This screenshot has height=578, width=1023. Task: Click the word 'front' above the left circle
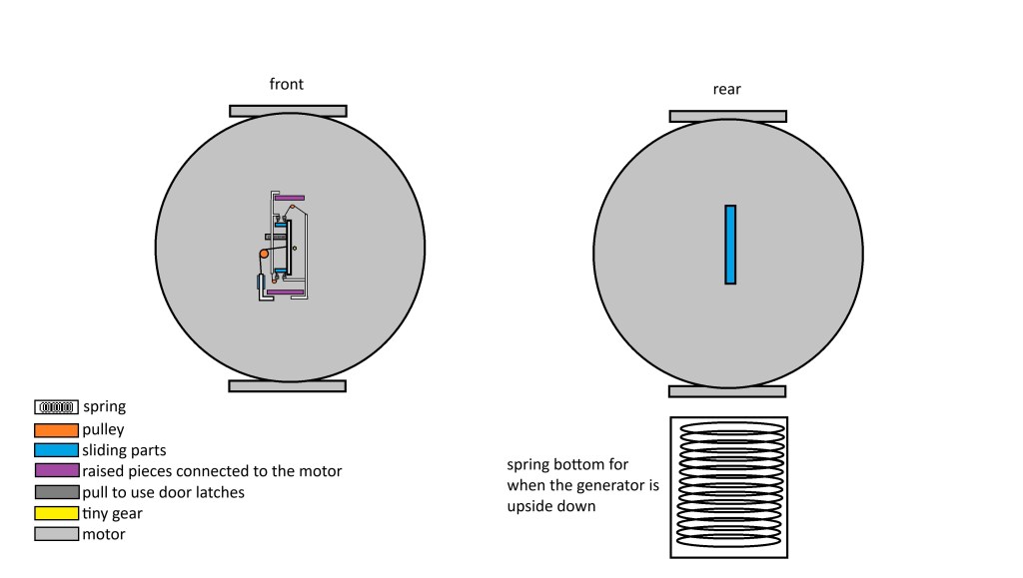[x=287, y=85]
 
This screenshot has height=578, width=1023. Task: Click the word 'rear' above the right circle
[x=727, y=90]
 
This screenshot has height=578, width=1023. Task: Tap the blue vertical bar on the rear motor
[x=730, y=245]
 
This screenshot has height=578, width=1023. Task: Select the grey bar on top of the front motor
[x=288, y=111]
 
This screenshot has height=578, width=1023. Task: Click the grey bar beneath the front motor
[x=287, y=385]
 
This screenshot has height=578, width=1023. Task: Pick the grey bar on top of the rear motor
[x=727, y=116]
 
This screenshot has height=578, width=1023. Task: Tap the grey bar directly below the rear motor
[x=727, y=391]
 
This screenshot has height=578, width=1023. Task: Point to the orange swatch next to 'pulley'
[x=56, y=429]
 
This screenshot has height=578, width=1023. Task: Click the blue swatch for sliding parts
[x=56, y=450]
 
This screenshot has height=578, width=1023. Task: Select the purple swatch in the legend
[x=56, y=471]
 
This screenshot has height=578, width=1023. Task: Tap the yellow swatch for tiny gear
[x=56, y=513]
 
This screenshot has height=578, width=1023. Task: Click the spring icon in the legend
[x=56, y=407]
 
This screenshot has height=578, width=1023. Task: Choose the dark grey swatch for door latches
[x=56, y=492]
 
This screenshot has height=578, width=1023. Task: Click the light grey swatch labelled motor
[x=56, y=534]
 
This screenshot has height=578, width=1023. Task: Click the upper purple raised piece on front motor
[x=289, y=197]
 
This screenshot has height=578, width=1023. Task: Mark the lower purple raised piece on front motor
[x=285, y=291]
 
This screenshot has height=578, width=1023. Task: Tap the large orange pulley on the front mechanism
[x=265, y=256]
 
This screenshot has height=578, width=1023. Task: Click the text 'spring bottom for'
[x=568, y=465]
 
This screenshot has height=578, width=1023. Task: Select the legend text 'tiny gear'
[x=112, y=513]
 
